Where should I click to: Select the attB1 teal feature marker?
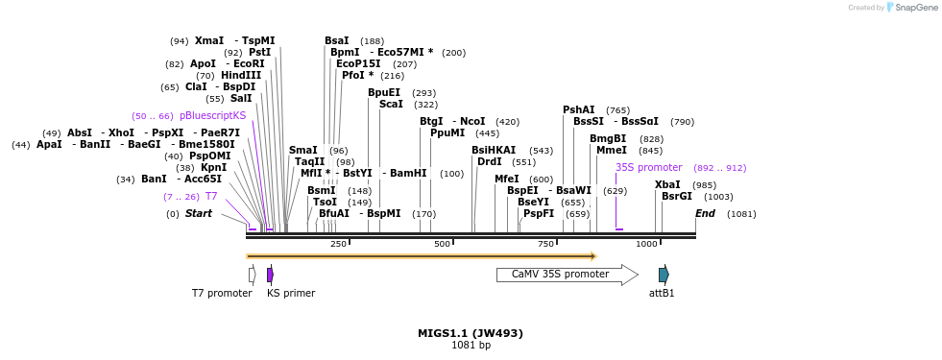click(x=664, y=275)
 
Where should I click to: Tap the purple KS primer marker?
click(x=270, y=275)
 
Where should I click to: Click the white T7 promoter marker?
click(x=252, y=275)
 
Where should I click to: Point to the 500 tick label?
click(x=442, y=245)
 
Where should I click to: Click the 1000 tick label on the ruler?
click(x=646, y=245)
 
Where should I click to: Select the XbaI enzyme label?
click(x=667, y=184)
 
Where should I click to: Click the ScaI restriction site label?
click(x=391, y=104)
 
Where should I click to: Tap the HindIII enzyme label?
click(x=241, y=76)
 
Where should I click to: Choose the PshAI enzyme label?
click(x=579, y=110)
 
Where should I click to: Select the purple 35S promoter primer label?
click(x=648, y=167)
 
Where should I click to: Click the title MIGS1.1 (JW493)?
click(x=471, y=333)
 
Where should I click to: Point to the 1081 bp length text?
click(x=471, y=346)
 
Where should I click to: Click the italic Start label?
click(x=198, y=213)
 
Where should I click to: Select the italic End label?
click(x=705, y=213)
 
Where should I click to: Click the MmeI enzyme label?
click(x=611, y=150)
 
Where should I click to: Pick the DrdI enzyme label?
click(x=490, y=161)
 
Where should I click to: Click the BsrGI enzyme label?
click(x=677, y=196)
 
